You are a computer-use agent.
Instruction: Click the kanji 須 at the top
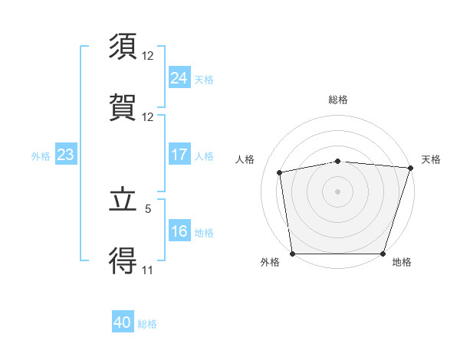coord(124,47)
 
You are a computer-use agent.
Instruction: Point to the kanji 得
coord(124,261)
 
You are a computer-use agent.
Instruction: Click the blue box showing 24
coord(179,77)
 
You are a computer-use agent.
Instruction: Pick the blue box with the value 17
coord(179,155)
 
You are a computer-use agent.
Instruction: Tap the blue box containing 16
coord(179,231)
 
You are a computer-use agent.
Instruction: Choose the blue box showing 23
coord(65,155)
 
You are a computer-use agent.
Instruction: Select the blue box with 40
coord(123,323)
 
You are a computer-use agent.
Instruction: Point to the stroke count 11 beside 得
coord(148,270)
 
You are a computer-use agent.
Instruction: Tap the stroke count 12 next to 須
coord(148,55)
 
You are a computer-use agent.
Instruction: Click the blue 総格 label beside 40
coord(147,324)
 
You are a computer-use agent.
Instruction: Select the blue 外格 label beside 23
coord(41,155)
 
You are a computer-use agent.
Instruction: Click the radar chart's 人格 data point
coord(280,172)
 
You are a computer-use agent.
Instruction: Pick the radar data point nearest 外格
coord(292,254)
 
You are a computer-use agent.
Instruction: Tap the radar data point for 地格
coord(383,254)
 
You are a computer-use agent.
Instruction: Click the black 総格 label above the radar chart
coord(338,100)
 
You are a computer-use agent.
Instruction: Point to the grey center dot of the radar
coord(338,191)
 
